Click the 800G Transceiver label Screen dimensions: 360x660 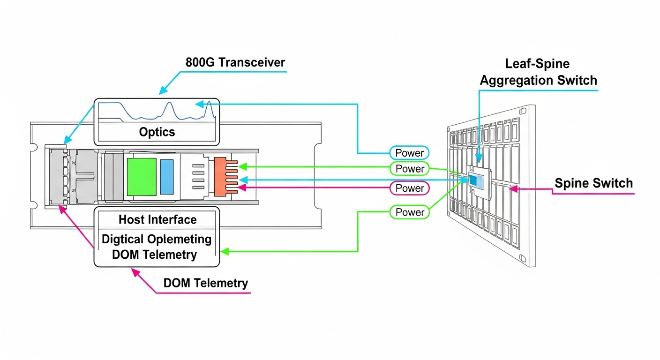click(x=235, y=62)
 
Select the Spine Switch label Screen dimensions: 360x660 click(x=593, y=183)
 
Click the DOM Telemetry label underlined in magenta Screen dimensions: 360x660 click(x=205, y=283)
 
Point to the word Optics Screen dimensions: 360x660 click(x=157, y=132)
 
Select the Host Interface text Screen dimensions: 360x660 click(x=157, y=219)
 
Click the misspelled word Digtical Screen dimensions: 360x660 click(x=123, y=239)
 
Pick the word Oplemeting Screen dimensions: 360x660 click(x=183, y=239)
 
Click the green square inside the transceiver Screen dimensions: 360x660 click(x=142, y=176)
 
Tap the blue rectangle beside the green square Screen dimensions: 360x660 click(x=167, y=176)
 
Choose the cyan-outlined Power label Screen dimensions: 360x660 click(x=409, y=153)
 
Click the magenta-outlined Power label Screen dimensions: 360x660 click(x=409, y=188)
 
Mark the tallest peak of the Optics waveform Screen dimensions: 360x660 click(x=209, y=104)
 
